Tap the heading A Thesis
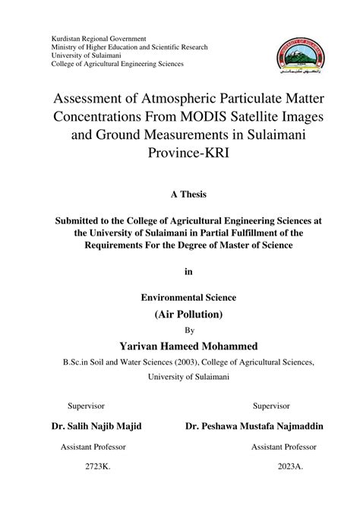tap(179, 194)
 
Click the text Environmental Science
tap(179, 298)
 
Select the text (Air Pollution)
tap(179, 315)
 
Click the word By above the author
tap(179, 330)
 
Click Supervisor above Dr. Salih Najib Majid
tap(87, 406)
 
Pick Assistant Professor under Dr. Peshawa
tap(283, 446)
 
